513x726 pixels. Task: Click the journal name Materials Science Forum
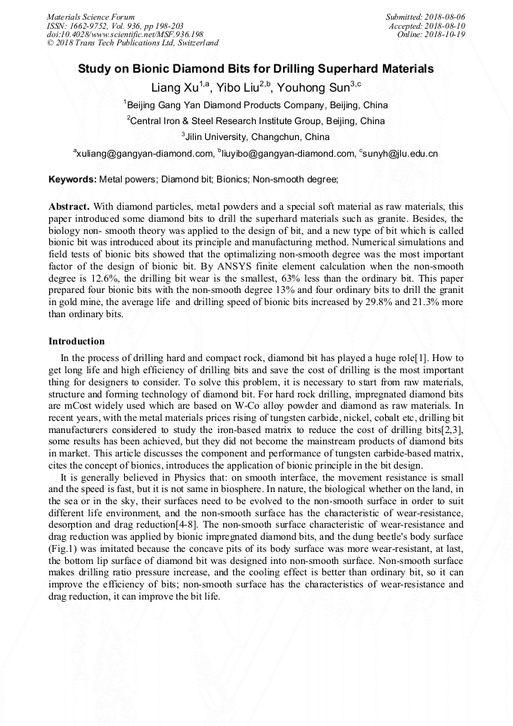(x=91, y=17)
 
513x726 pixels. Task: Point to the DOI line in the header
(x=125, y=34)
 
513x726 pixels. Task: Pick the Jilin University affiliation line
(x=256, y=137)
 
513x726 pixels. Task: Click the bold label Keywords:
(x=73, y=179)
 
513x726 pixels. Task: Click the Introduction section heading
(x=76, y=341)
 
